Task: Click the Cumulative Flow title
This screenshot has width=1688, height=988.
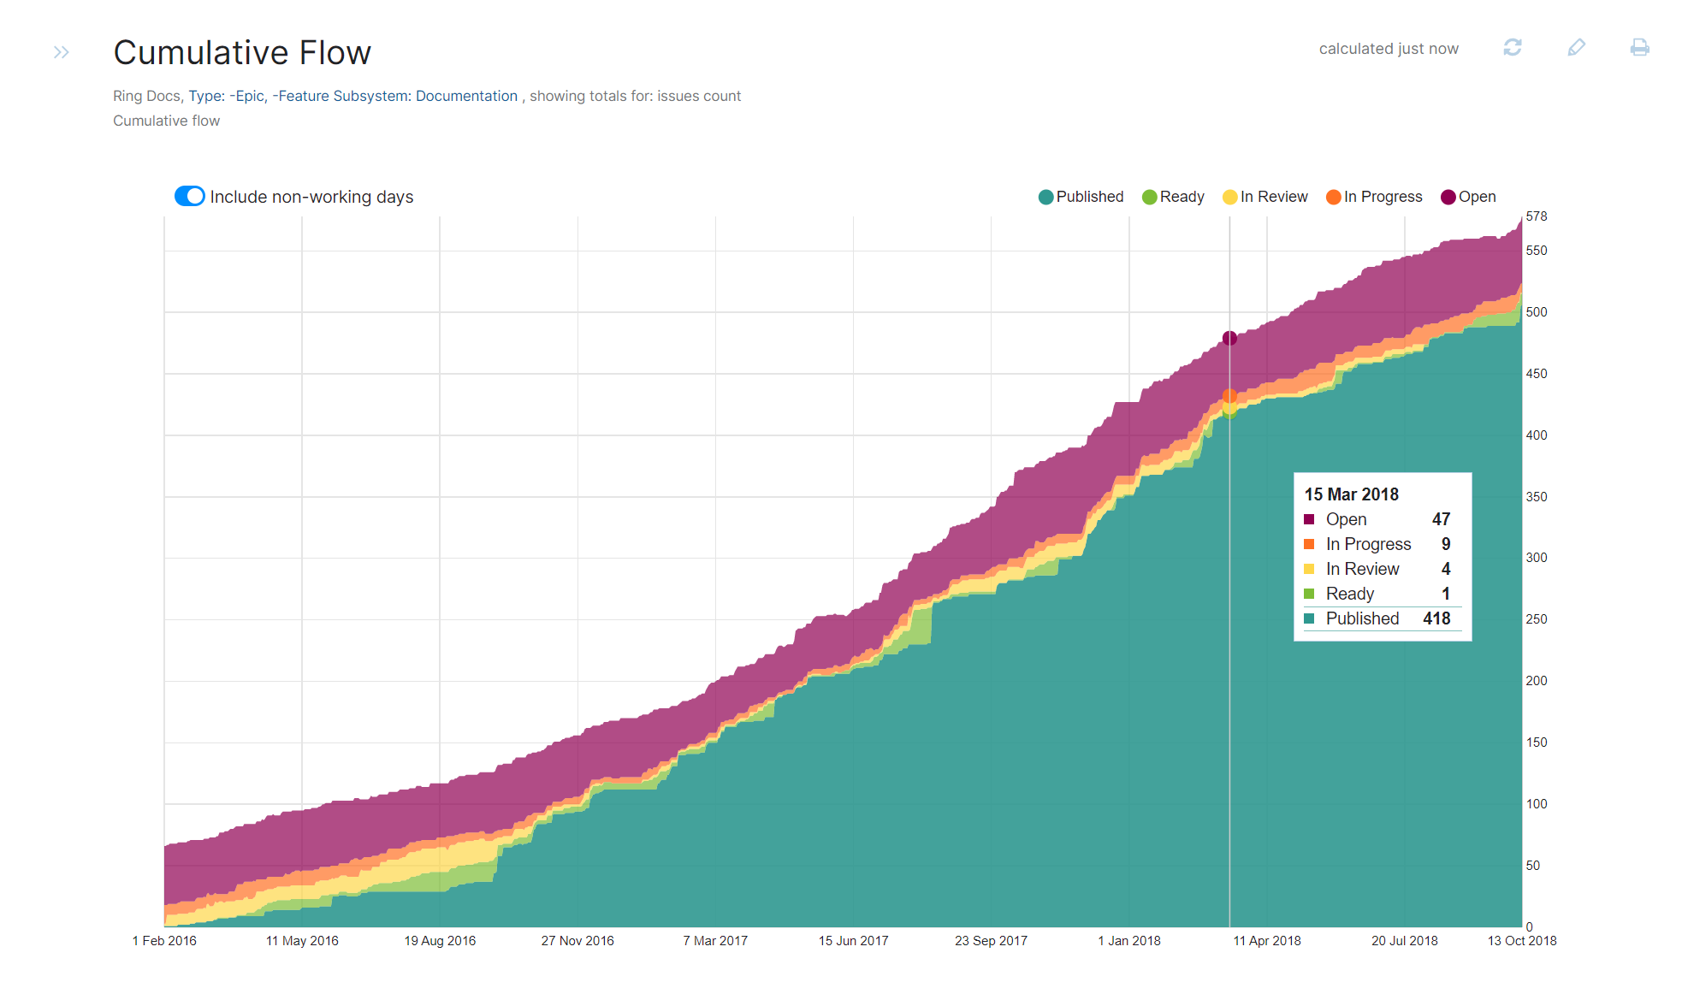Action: click(x=242, y=53)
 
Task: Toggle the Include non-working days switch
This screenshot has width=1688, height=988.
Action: click(x=189, y=197)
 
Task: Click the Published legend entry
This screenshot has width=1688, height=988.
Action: click(x=1081, y=197)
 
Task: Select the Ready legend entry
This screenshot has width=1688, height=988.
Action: click(x=1173, y=197)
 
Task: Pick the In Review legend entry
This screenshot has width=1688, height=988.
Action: click(x=1265, y=197)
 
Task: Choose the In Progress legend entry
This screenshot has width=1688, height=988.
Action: click(x=1374, y=197)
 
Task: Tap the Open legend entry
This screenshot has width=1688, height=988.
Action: click(x=1468, y=197)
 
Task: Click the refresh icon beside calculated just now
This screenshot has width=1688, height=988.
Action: click(x=1513, y=48)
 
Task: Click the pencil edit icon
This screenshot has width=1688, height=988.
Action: click(x=1576, y=48)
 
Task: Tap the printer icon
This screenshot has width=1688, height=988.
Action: click(x=1639, y=48)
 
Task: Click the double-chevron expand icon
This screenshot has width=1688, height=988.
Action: click(x=61, y=52)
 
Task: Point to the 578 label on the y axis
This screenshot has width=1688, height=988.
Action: click(x=1537, y=216)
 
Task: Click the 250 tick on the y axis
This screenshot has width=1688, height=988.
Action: click(x=1537, y=619)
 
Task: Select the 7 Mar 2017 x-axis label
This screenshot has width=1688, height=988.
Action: click(x=715, y=941)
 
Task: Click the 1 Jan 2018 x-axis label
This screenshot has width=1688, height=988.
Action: click(x=1129, y=941)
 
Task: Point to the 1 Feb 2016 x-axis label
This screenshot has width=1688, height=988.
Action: click(x=164, y=941)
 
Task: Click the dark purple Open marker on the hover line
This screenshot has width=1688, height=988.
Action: click(x=1229, y=339)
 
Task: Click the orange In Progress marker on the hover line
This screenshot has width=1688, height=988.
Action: click(x=1229, y=396)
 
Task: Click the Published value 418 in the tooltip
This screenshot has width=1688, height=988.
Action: click(x=1436, y=618)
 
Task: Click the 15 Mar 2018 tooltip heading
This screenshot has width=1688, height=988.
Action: click(x=1351, y=494)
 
